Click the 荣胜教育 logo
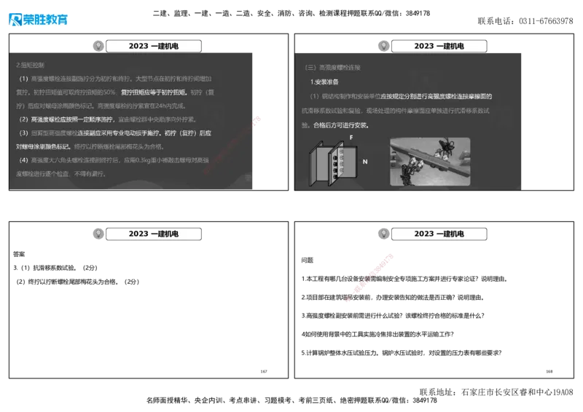coord(39,20)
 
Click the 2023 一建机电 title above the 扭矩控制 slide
coord(154,46)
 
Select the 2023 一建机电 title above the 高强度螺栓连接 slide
coord(439,46)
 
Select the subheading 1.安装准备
coord(325,82)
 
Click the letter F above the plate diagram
coord(351,137)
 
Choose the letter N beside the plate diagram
coord(364,161)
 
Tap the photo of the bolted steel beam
coord(429,161)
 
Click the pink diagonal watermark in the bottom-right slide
coord(371,276)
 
